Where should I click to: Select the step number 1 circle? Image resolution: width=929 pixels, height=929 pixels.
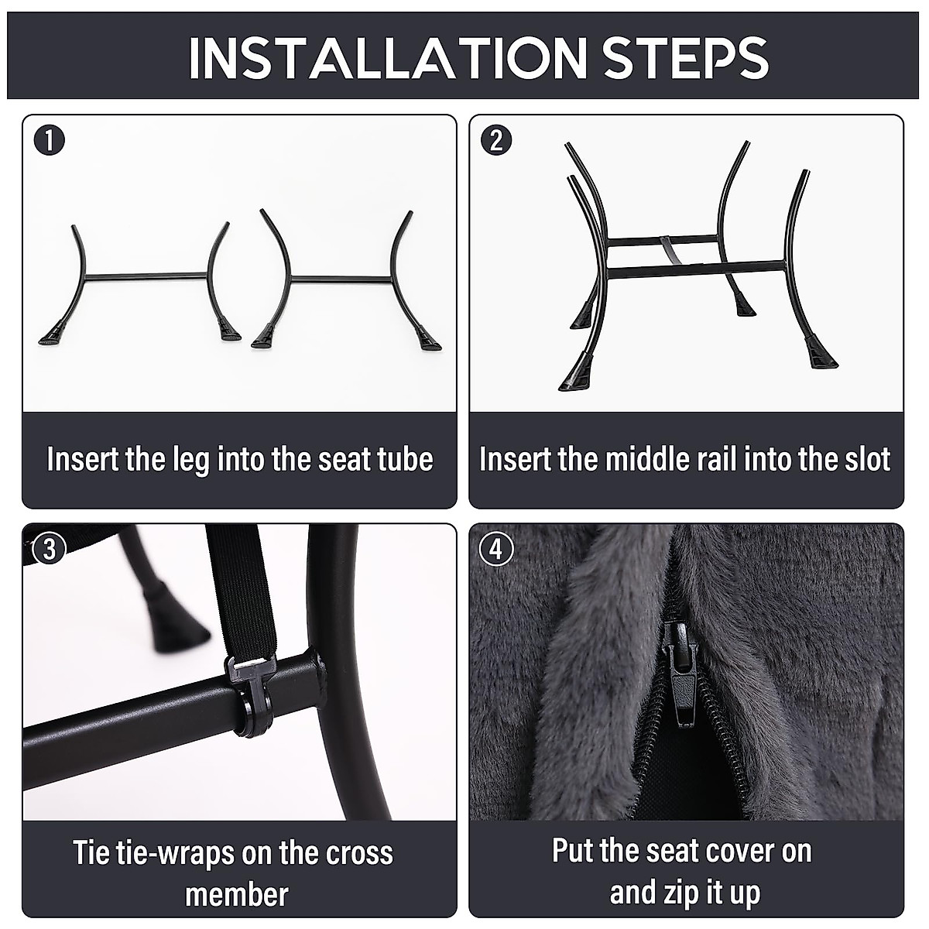pos(50,141)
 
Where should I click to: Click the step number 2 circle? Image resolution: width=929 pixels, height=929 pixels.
pos(496,141)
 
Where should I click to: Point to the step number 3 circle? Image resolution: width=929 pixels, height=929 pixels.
pos(50,549)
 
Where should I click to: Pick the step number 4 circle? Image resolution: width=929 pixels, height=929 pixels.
pos(496,549)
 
